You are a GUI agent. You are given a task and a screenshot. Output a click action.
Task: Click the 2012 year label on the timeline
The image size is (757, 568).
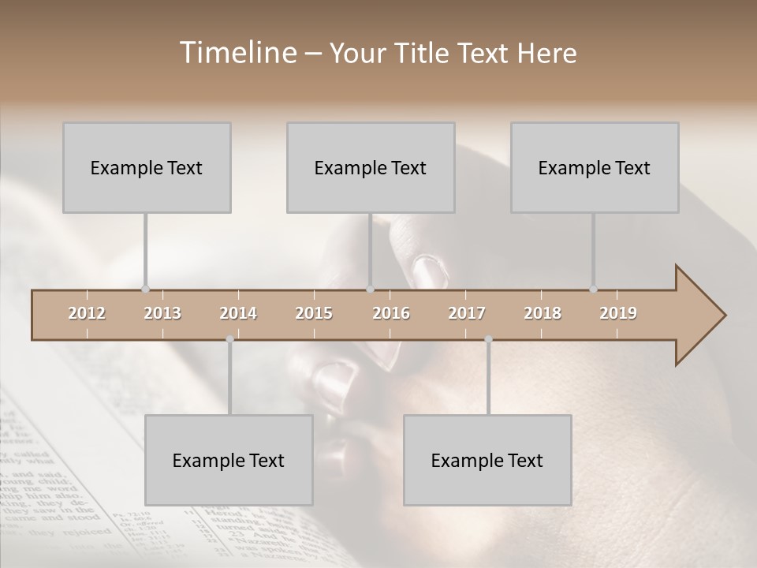click(x=87, y=313)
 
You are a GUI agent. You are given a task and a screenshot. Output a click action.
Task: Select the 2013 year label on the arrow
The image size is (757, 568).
click(x=162, y=313)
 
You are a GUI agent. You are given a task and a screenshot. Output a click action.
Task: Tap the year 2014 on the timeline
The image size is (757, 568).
click(x=238, y=313)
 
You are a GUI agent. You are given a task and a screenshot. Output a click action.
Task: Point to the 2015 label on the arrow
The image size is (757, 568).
click(x=314, y=313)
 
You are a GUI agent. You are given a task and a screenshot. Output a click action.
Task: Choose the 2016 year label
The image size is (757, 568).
click(x=391, y=313)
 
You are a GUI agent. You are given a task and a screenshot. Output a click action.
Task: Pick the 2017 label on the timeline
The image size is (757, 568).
click(x=467, y=313)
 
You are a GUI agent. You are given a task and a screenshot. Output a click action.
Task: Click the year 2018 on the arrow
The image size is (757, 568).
click(x=543, y=313)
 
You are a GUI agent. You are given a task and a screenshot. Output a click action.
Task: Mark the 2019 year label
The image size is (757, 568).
click(x=618, y=313)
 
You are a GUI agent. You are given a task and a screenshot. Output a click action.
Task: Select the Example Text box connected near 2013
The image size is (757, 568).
click(x=147, y=168)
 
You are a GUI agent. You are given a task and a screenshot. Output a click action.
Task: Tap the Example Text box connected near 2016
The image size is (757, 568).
click(x=371, y=168)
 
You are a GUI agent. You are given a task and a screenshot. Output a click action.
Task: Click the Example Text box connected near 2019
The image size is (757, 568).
click(x=595, y=168)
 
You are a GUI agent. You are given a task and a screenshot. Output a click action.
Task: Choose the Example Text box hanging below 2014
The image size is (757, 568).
click(x=229, y=461)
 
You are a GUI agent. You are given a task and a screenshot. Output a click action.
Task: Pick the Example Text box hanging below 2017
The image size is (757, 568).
click(x=487, y=461)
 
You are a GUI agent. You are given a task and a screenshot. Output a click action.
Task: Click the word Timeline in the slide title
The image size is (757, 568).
click(x=237, y=53)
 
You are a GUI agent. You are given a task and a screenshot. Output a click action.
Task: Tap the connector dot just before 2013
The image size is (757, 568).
click(x=145, y=290)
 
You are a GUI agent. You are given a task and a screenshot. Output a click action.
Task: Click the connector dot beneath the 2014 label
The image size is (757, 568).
click(x=229, y=339)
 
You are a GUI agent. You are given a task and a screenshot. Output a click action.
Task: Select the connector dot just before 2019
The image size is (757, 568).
click(x=593, y=290)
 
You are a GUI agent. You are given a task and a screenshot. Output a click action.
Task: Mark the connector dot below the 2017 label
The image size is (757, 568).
click(x=488, y=339)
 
